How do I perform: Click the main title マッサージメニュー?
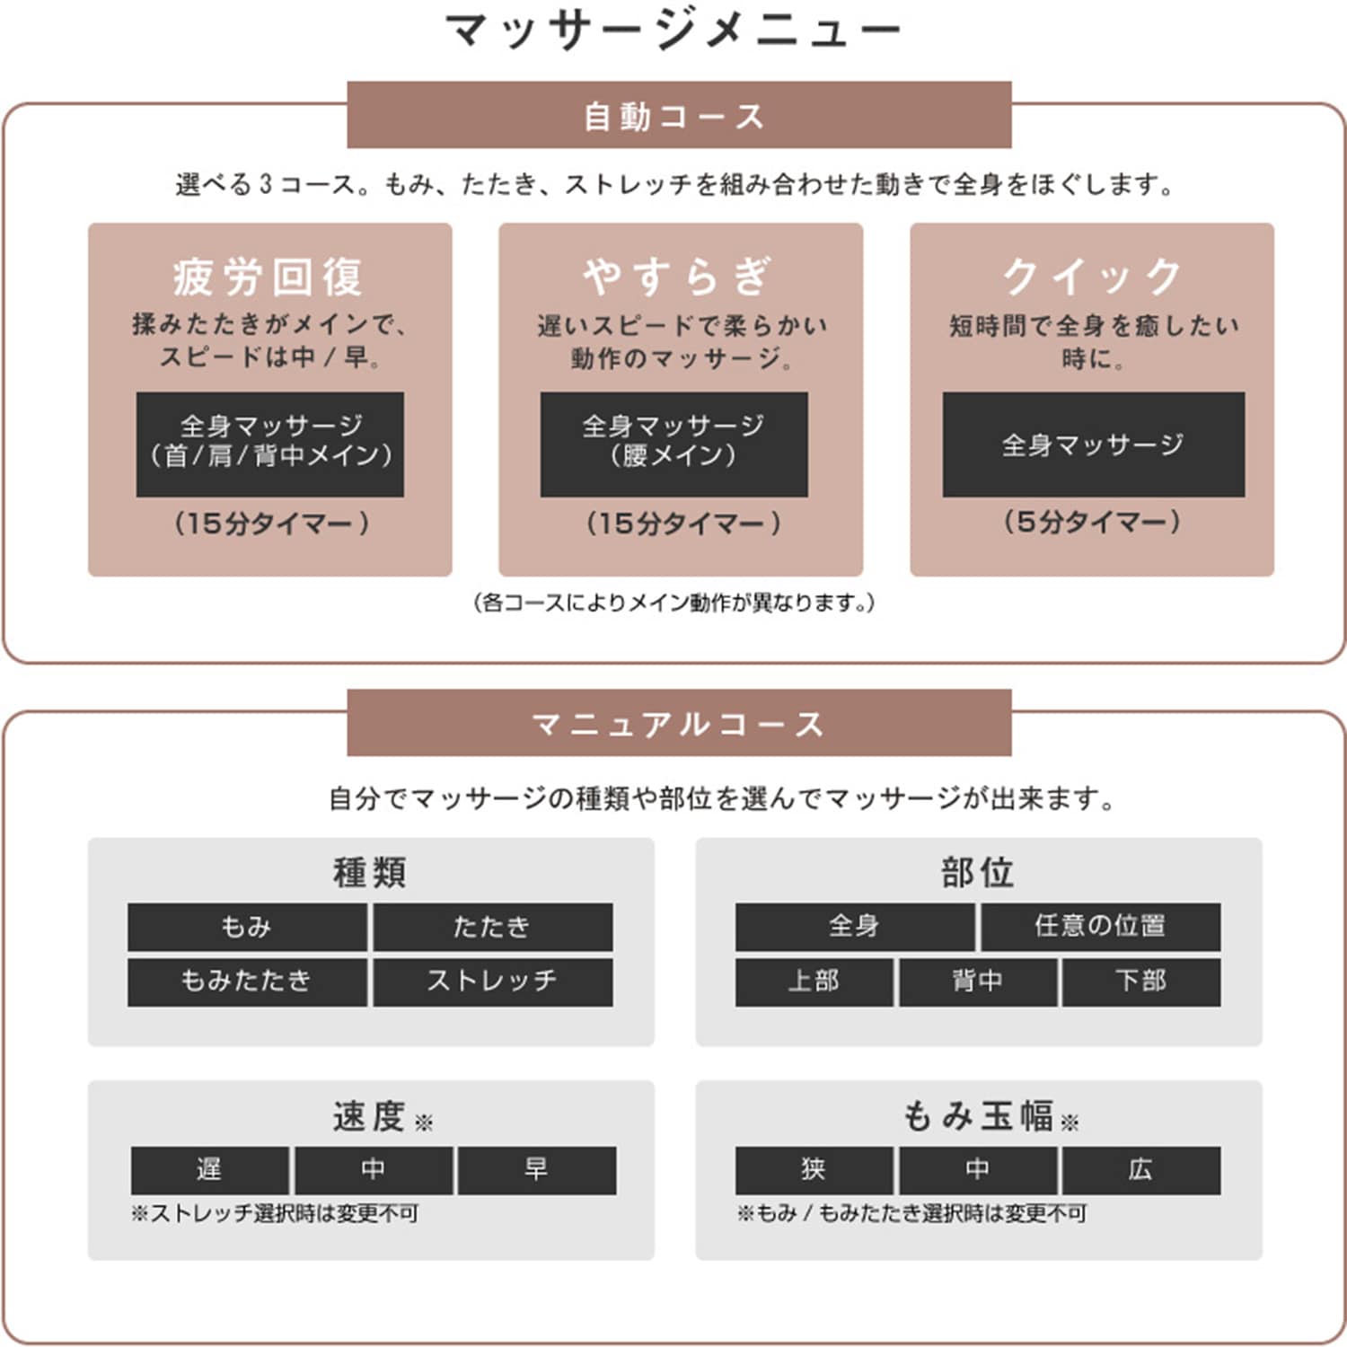673,30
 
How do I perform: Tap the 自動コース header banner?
679,115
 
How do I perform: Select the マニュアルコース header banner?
679,723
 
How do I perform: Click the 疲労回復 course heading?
269,276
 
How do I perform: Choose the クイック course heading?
1092,276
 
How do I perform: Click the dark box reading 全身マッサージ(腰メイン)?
673,444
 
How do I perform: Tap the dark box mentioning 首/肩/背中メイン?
270,444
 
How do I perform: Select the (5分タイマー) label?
1092,522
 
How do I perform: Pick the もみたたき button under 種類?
247,982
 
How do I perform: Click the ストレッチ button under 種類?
493,982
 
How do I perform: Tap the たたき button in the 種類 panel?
493,927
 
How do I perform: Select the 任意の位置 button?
1100,927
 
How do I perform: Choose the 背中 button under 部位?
978,982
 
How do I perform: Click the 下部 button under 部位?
1141,982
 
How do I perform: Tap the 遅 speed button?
210,1170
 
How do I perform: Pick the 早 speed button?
537,1170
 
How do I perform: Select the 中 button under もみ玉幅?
978,1170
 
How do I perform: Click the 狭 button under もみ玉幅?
814,1170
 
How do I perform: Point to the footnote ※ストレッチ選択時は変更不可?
275,1214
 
